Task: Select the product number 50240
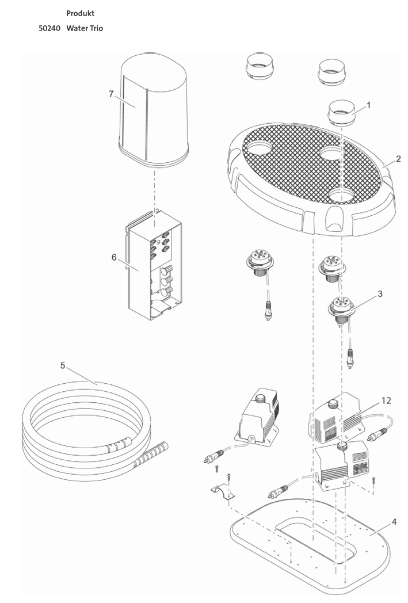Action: pos(50,28)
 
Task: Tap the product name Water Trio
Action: pos(85,28)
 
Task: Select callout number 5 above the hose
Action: pos(63,365)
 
